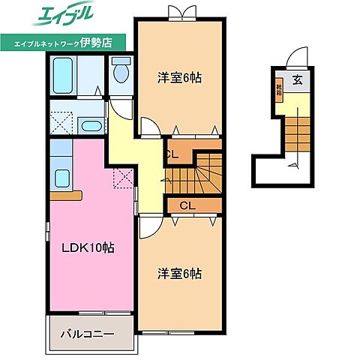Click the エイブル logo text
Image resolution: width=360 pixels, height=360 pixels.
click(62, 16)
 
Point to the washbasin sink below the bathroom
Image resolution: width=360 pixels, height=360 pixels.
click(91, 126)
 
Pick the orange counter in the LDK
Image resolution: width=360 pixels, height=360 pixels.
click(65, 196)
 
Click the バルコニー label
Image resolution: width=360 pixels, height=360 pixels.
click(88, 332)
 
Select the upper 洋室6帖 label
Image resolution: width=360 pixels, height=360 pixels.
click(180, 76)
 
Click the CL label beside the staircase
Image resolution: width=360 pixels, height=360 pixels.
click(172, 155)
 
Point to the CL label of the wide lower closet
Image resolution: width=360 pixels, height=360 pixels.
click(187, 204)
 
